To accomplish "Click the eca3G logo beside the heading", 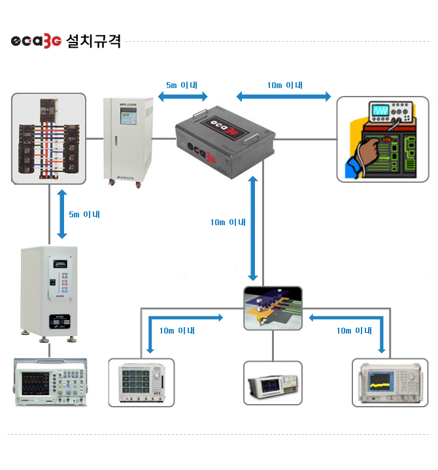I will click(x=36, y=41).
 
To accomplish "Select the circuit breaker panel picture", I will click(x=49, y=138).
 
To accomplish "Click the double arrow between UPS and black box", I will click(x=183, y=97).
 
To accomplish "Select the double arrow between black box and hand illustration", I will click(x=284, y=97).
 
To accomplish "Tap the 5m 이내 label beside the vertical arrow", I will click(x=84, y=213).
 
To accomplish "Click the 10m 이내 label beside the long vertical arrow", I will click(x=227, y=222).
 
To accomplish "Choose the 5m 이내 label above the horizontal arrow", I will click(x=183, y=85).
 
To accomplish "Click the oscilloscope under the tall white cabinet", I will click(x=50, y=383).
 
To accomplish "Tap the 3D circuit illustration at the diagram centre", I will click(x=273, y=307).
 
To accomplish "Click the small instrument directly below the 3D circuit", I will click(x=273, y=383).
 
